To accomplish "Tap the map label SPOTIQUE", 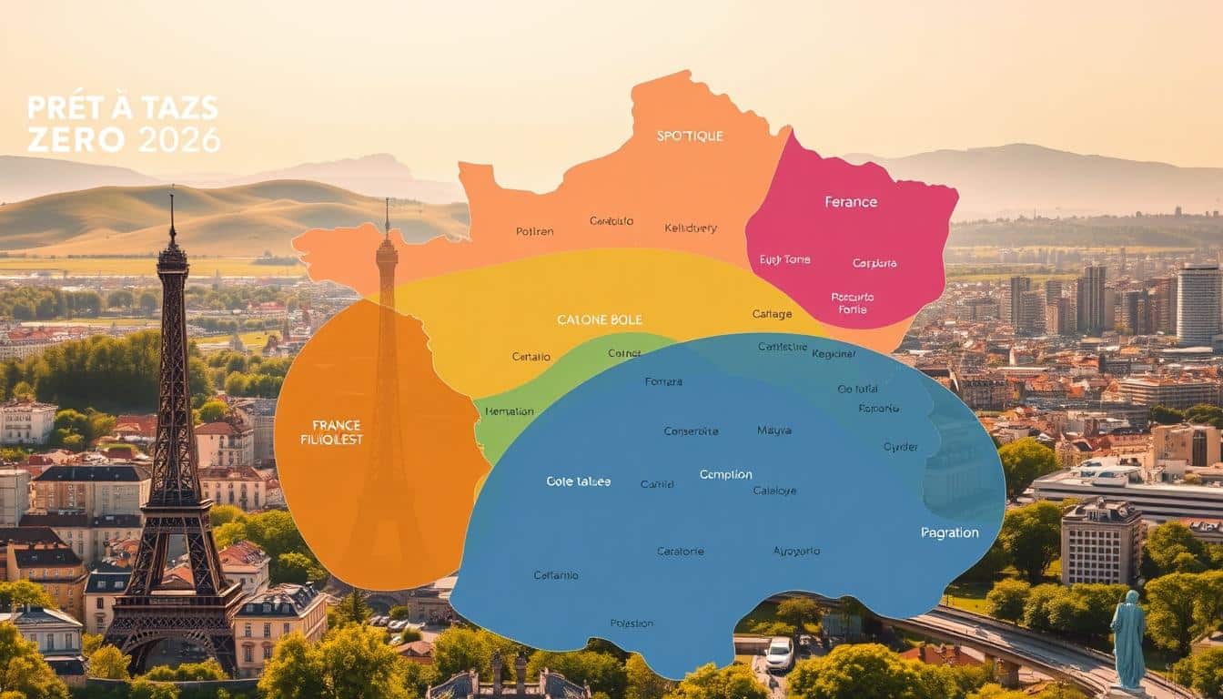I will point(690,136).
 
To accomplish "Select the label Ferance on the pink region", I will point(851,201).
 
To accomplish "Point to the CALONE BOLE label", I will point(600,319).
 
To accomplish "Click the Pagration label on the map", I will point(950,532).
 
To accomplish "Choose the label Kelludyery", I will point(691,228).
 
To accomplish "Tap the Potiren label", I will point(534,231).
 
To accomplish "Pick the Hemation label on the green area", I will point(510,411).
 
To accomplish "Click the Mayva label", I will point(774,430).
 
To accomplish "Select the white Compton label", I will point(726,474).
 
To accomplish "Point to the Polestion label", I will point(632,623).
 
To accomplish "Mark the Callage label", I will point(772,314).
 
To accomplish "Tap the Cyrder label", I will point(901,447).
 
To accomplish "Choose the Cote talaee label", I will point(579,481).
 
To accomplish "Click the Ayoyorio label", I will point(796,551).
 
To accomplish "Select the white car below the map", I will point(779,653).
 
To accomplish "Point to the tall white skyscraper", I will point(1198,305).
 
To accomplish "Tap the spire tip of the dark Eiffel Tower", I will point(171,194).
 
